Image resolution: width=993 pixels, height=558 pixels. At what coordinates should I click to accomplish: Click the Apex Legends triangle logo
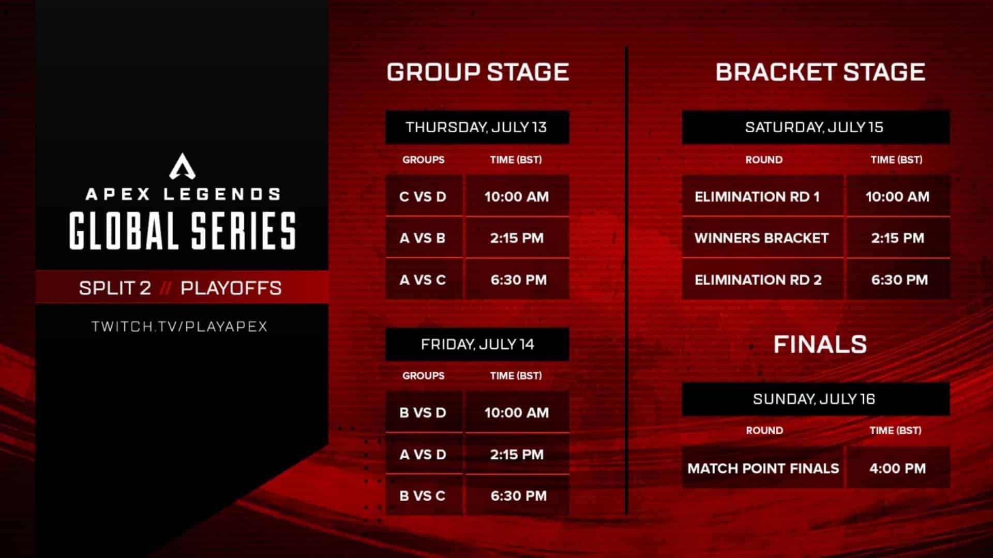[182, 166]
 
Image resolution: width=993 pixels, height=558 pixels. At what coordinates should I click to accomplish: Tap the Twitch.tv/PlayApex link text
[179, 327]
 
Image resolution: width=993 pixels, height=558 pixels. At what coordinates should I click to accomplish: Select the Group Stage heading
[477, 72]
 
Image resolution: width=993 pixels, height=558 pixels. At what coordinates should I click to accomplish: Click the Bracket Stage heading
[820, 72]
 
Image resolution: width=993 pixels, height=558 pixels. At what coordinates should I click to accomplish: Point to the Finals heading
[820, 344]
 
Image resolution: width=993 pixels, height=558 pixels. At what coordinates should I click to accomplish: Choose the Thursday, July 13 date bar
[477, 127]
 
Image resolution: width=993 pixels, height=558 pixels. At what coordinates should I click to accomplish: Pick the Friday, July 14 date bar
[477, 344]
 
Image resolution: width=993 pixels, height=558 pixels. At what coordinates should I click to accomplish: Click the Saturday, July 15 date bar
[815, 127]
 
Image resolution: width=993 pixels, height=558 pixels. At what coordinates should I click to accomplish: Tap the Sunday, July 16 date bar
[815, 399]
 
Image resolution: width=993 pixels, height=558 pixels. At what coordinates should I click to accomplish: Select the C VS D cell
[423, 196]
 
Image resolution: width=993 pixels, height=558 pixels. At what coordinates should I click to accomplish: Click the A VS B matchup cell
[423, 238]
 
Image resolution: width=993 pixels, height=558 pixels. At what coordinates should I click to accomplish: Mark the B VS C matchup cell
[423, 496]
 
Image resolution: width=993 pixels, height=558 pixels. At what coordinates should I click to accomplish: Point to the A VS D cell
[423, 455]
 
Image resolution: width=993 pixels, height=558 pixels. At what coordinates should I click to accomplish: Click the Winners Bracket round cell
[762, 238]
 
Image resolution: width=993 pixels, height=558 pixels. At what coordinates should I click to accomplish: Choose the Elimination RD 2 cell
[758, 280]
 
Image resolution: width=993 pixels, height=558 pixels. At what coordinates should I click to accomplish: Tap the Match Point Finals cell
[763, 468]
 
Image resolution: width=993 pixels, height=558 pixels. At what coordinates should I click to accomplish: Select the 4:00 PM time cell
[898, 468]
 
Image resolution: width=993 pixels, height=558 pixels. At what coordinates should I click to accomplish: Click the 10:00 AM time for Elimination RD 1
[898, 196]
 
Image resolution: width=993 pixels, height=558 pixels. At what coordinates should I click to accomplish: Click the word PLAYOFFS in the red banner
[231, 288]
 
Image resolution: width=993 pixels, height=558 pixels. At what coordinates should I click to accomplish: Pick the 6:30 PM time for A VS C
[518, 280]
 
